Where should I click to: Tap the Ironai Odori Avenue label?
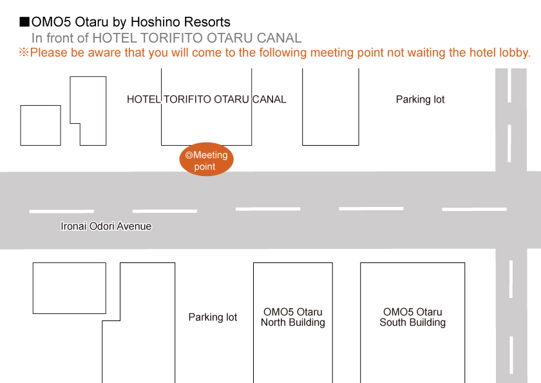(x=106, y=226)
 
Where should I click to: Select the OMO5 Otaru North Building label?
(x=292, y=317)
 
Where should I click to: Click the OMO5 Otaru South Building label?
(x=412, y=317)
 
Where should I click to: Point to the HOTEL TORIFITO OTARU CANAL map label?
(x=206, y=99)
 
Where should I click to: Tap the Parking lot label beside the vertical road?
(x=420, y=99)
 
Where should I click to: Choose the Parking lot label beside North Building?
(x=213, y=317)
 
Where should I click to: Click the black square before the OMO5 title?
(x=24, y=23)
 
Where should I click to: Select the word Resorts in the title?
(x=207, y=23)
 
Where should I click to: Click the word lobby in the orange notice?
(x=515, y=53)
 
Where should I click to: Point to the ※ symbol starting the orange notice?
(x=24, y=53)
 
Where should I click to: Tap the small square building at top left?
(x=41, y=125)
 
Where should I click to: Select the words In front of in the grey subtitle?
(x=60, y=38)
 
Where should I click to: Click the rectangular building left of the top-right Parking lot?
(x=330, y=106)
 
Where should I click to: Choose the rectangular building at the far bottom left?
(x=69, y=288)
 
